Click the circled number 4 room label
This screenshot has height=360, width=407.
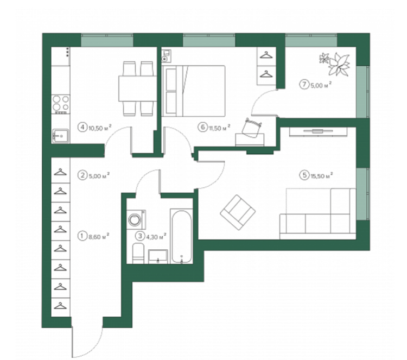(82, 128)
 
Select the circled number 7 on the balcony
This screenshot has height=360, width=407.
(304, 85)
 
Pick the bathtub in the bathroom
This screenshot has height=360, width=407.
(182, 236)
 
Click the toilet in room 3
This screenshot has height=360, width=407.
(138, 253)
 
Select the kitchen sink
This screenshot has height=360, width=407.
(60, 136)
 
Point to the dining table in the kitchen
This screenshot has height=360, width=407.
(138, 89)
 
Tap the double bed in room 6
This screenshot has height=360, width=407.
(193, 91)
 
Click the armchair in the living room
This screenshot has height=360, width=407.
(238, 212)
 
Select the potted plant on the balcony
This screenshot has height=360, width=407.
(335, 64)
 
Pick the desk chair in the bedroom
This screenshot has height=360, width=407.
(252, 127)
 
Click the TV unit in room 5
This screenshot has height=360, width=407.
(318, 131)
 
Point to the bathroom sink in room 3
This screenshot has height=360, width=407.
(158, 256)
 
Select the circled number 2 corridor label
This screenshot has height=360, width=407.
(82, 175)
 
